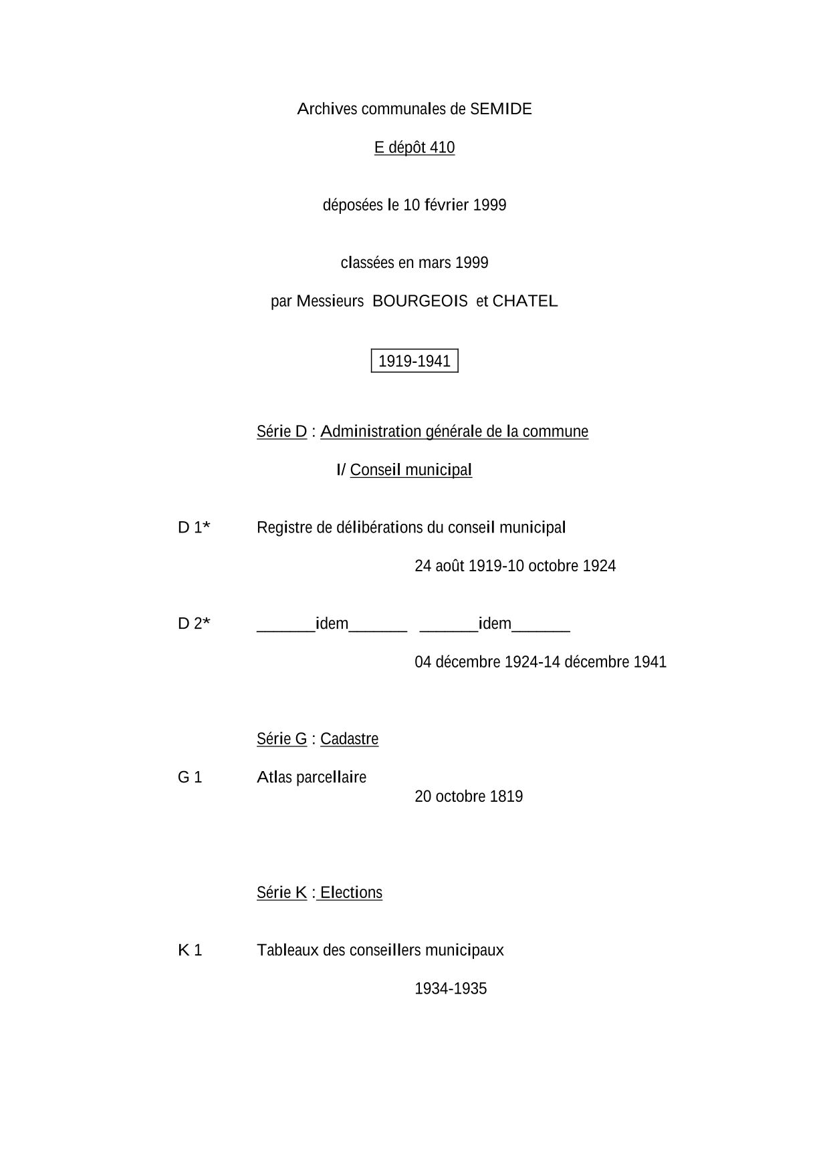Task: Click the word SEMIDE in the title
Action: pos(501,109)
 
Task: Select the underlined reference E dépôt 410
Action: pos(414,148)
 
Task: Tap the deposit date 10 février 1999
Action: pos(455,205)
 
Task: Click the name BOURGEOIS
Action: pos(420,301)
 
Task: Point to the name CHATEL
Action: pos(525,301)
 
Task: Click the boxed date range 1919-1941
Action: pos(414,361)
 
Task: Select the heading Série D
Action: pos(281,432)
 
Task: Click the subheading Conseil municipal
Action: pos(410,470)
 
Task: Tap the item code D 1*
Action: pos(194,528)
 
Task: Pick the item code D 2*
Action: pos(194,624)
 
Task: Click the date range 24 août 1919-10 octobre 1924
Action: pos(515,566)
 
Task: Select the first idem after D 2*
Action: pos(332,624)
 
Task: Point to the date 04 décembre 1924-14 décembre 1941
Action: pos(540,662)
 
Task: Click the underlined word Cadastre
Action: pos(349,739)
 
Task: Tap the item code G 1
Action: pos(190,777)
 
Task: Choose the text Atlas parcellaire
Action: pos(312,777)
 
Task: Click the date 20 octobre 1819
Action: pos(469,796)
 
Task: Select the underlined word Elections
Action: pos(351,893)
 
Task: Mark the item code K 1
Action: pos(190,950)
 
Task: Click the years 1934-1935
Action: pos(451,989)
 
